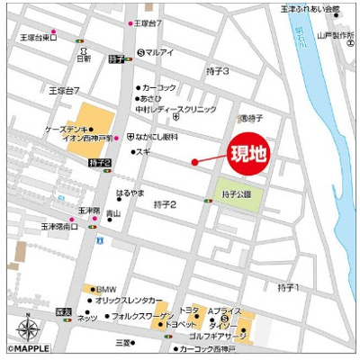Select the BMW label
point(106,288)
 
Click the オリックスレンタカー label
point(130,300)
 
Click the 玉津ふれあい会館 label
point(310,9)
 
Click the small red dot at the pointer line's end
point(194,162)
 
